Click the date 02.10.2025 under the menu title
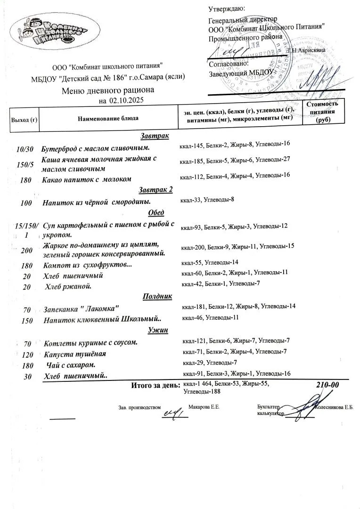(126, 100)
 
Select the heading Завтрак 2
(156, 190)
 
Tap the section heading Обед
(156, 212)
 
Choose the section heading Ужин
(158, 330)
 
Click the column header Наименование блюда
(108, 118)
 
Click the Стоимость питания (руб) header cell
(322, 112)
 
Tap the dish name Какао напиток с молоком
(87, 179)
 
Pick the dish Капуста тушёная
(74, 354)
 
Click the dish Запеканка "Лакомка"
(81, 309)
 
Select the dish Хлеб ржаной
(68, 286)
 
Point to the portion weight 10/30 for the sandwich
(25, 149)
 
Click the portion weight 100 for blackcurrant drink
(26, 203)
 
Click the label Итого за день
(155, 386)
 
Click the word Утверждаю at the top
(227, 8)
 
